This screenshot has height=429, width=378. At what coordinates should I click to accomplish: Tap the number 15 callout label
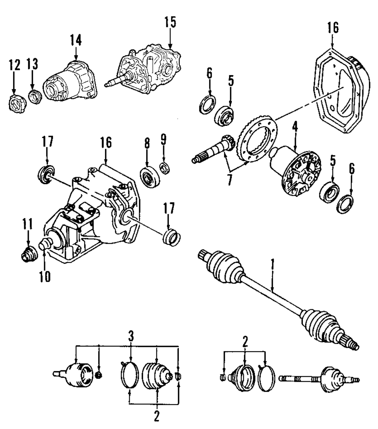[170, 22]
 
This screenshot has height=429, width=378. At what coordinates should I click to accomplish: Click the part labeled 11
[28, 256]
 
